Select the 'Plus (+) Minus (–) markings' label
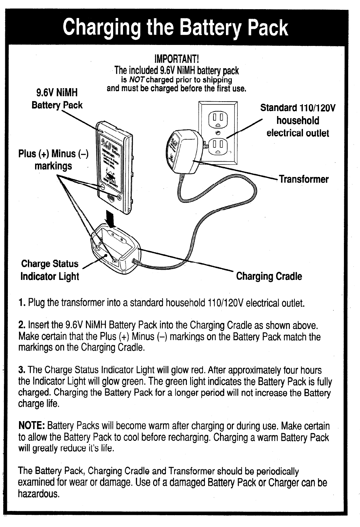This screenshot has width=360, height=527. click(53, 160)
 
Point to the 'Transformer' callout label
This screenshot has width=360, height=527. click(303, 179)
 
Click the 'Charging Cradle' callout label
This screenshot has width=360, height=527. click(269, 276)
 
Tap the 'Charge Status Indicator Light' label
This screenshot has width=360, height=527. click(50, 270)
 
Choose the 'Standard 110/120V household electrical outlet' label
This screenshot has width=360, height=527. click(298, 120)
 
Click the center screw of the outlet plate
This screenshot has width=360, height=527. click(218, 132)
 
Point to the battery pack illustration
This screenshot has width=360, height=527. click(113, 167)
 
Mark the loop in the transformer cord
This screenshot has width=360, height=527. click(216, 188)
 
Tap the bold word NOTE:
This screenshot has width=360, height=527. click(31, 426)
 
